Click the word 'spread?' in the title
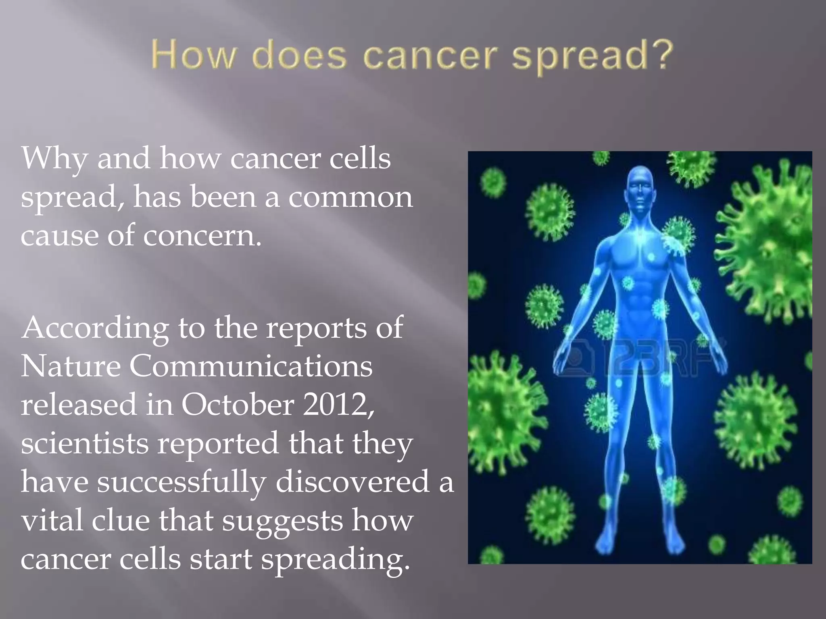coord(593,56)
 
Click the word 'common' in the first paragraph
coord(350,197)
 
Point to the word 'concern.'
coord(202,236)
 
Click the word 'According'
coord(95,328)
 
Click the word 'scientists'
coord(85,443)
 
